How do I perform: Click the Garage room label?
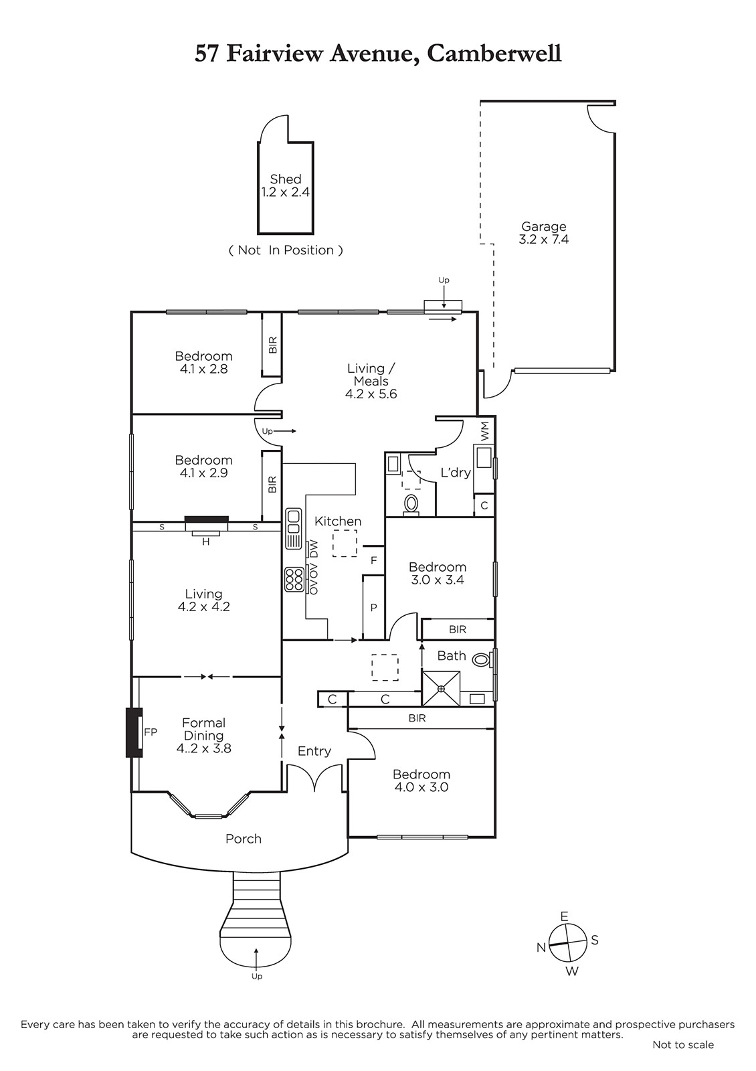543,226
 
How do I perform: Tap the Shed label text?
285,179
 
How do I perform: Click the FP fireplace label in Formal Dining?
151,732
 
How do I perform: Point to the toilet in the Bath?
481,660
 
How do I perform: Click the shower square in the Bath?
441,689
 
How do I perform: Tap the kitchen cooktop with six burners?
294,579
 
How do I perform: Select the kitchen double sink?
294,529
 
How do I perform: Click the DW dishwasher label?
314,548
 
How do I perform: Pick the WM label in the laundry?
484,431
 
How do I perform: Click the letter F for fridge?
374,560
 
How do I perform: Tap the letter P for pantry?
374,608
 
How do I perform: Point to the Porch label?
244,839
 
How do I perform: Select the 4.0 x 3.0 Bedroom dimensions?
421,787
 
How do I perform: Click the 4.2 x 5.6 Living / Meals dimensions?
371,394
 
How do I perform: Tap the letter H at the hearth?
206,542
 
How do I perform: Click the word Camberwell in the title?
494,54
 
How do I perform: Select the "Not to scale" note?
683,1045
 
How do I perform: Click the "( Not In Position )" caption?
286,250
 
